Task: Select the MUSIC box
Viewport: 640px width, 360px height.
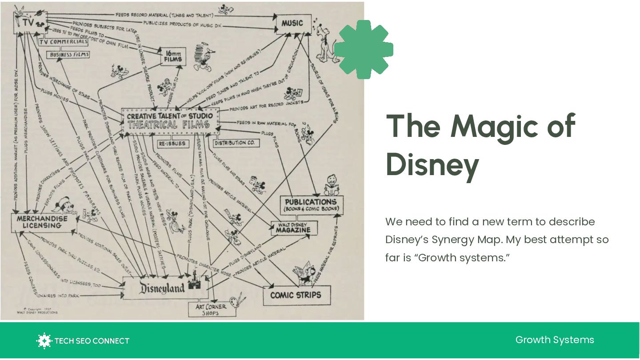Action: [292, 23]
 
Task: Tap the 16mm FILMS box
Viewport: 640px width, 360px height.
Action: [173, 56]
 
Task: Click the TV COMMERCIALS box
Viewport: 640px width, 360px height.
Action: [63, 42]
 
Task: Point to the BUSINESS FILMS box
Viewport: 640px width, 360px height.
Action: [69, 55]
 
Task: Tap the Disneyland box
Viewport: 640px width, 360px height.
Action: [162, 288]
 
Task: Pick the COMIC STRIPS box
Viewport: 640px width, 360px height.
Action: [296, 295]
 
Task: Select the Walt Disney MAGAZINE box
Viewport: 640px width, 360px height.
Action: [295, 228]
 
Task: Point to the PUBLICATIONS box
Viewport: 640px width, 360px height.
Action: [311, 205]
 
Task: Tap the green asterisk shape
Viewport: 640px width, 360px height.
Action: [364, 49]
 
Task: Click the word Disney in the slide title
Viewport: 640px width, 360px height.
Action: [432, 164]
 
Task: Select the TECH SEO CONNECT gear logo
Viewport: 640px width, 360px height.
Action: [44, 341]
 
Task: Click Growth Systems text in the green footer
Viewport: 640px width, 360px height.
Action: [554, 340]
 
